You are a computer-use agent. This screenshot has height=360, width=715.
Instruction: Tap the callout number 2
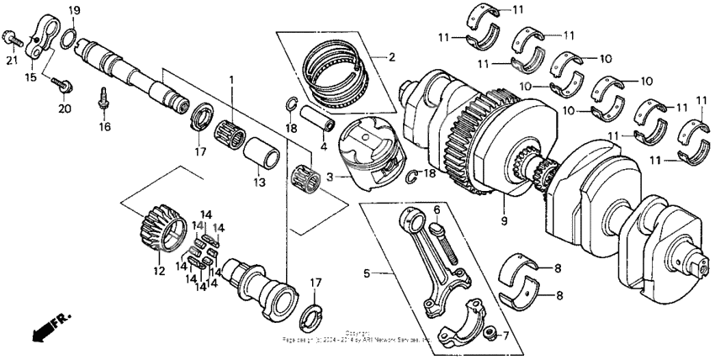(390, 57)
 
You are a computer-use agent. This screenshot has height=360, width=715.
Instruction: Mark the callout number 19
(74, 9)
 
